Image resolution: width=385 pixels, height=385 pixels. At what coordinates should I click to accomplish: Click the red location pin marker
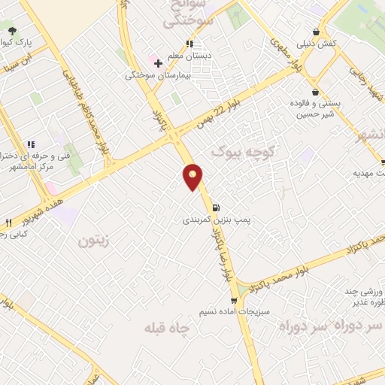pyautogui.click(x=193, y=177)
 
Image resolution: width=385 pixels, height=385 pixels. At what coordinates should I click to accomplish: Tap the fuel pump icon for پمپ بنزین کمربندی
pyautogui.click(x=216, y=208)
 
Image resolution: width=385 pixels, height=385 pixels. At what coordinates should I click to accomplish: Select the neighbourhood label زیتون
pyautogui.click(x=93, y=241)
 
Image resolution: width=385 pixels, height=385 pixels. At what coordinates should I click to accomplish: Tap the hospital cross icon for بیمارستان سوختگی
pyautogui.click(x=158, y=63)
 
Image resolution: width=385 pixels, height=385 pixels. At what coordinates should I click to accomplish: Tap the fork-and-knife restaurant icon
pyautogui.click(x=9, y=223)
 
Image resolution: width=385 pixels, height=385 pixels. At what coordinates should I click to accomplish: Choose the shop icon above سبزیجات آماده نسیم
pyautogui.click(x=233, y=299)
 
